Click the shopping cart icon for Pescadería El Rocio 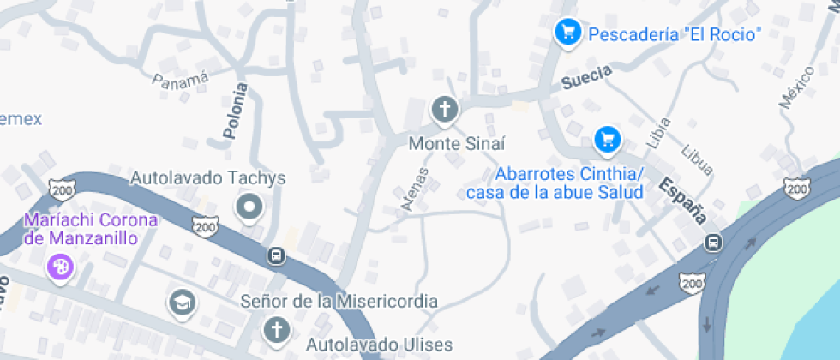pyautogui.click(x=566, y=33)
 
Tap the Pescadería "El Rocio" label pyautogui.click(x=674, y=34)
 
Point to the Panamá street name pyautogui.click(x=180, y=80)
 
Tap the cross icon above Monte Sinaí pyautogui.click(x=444, y=109)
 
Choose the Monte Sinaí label pyautogui.click(x=457, y=143)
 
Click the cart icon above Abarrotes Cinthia pyautogui.click(x=607, y=137)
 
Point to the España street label pyautogui.click(x=682, y=198)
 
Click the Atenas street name pyautogui.click(x=415, y=188)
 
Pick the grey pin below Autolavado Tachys pyautogui.click(x=250, y=207)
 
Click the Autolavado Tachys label pyautogui.click(x=207, y=178)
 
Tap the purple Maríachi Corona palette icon pyautogui.click(x=60, y=266)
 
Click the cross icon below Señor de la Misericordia pyautogui.click(x=276, y=329)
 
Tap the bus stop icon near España pyautogui.click(x=712, y=243)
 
